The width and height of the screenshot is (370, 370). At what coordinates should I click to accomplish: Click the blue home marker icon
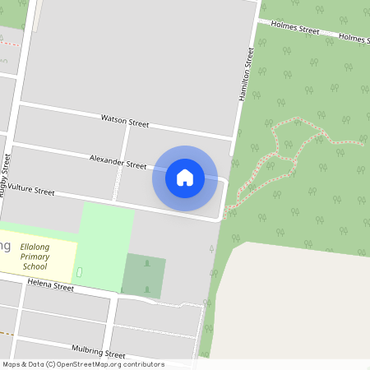[185, 177]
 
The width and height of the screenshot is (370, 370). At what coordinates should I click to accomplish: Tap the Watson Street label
[125, 121]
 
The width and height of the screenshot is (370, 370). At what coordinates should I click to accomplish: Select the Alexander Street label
[118, 163]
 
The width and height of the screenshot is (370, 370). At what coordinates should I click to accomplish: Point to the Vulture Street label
[31, 192]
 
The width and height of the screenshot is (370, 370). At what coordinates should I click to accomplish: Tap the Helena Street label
[50, 285]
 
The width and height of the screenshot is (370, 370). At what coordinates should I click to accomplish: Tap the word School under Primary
[35, 266]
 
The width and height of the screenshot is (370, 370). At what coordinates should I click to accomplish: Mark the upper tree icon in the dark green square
[147, 263]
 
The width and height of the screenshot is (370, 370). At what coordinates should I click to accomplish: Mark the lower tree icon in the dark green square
[147, 289]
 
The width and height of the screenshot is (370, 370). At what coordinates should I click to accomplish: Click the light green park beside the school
[107, 234]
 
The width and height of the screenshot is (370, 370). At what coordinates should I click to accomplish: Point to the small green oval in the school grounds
[79, 271]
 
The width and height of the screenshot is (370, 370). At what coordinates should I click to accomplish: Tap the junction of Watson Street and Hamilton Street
[234, 136]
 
